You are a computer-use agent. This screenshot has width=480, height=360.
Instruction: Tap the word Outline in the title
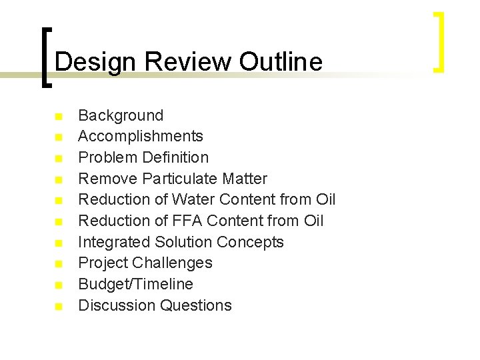[281, 62]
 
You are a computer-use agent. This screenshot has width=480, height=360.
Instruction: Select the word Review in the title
[189, 62]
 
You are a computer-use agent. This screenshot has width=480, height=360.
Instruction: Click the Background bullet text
[121, 115]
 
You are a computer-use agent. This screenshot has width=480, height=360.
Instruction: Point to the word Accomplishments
[141, 137]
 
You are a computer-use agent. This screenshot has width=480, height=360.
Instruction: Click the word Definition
[174, 157]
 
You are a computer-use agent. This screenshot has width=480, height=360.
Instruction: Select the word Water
[193, 199]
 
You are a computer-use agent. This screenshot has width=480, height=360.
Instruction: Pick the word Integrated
[114, 242]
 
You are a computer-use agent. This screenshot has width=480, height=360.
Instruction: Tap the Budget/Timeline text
[135, 284]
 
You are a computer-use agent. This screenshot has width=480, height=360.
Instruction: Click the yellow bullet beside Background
[59, 116]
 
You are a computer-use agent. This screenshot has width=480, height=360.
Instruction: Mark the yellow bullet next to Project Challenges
[59, 263]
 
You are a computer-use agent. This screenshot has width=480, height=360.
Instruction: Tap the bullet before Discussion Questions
[59, 306]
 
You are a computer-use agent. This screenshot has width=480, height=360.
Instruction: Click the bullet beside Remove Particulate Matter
[59, 179]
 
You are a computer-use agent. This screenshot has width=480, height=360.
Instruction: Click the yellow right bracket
[439, 41]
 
